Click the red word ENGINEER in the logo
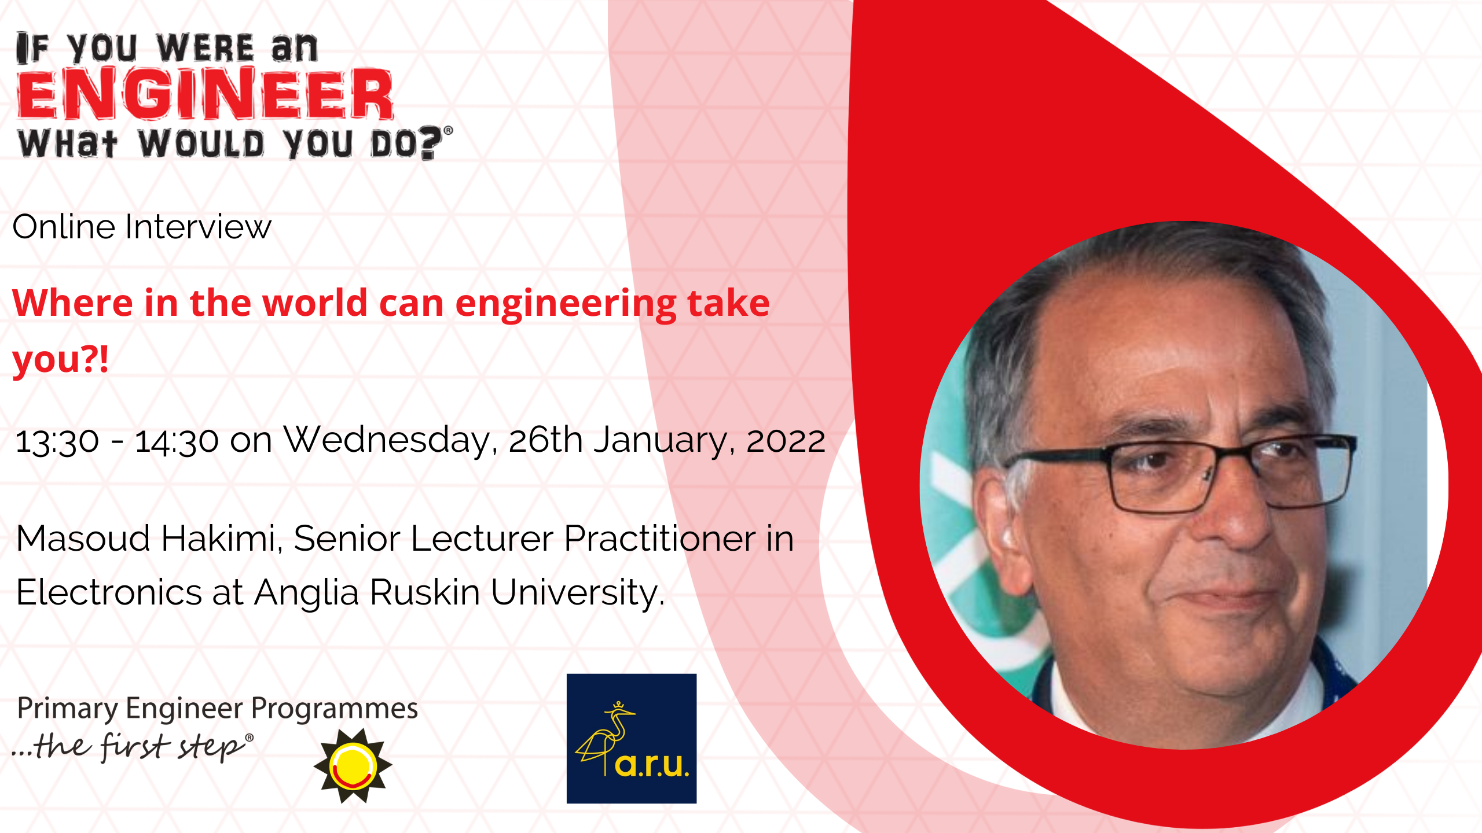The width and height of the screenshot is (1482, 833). [206, 94]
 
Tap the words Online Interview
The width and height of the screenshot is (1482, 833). [142, 226]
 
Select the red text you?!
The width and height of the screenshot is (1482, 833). [61, 359]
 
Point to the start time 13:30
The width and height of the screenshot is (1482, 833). [57, 441]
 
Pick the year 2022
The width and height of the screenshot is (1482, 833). [786, 441]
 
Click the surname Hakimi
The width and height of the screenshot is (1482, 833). [222, 539]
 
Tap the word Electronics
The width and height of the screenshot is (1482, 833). [109, 592]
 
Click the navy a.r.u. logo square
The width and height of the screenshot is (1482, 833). [632, 739]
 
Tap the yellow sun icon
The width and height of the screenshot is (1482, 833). [353, 766]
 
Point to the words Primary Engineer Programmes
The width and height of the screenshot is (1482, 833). [218, 709]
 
